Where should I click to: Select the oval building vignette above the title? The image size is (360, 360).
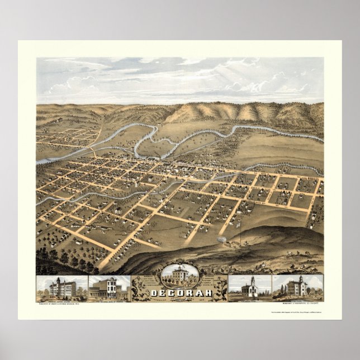click(x=180, y=275)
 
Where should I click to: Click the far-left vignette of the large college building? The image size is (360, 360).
click(x=61, y=286)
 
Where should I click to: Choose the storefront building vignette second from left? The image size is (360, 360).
click(x=109, y=286)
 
